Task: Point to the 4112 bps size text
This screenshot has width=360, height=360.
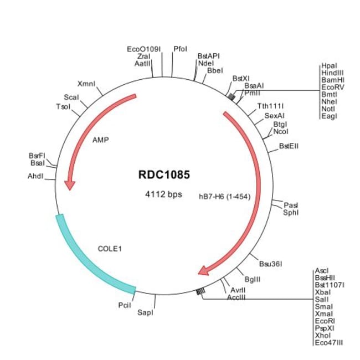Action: tap(163, 194)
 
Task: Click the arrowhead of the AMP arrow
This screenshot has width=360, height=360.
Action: tap(69, 183)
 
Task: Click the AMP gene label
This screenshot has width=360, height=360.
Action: tap(100, 140)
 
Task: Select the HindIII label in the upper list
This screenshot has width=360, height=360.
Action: tap(331, 73)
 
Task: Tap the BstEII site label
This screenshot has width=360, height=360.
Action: tap(290, 147)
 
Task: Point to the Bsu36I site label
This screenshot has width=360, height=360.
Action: tap(271, 263)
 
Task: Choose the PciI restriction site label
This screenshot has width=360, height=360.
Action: tap(125, 305)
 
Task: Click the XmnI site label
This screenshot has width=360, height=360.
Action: tap(86, 84)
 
